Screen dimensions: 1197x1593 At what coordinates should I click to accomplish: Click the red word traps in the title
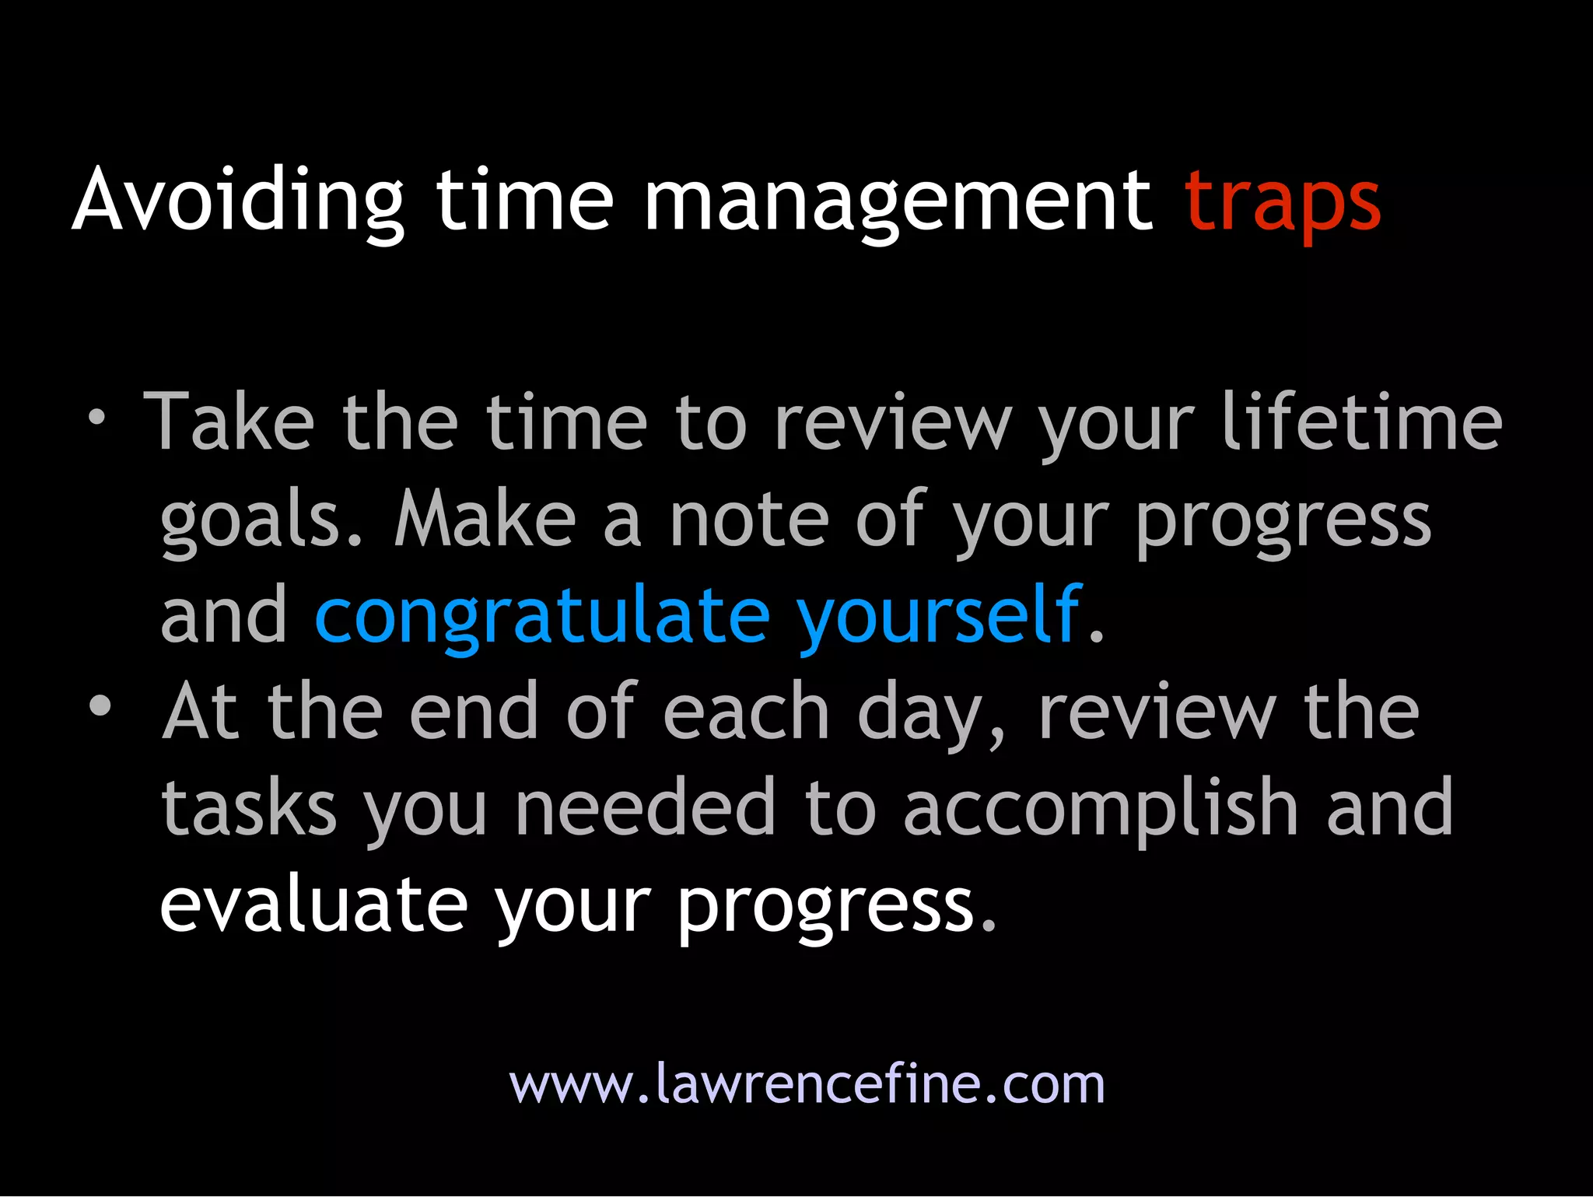[x=1282, y=202]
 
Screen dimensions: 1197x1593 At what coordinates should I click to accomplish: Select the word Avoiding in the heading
[x=238, y=201]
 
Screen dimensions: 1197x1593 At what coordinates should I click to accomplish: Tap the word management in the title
[x=898, y=202]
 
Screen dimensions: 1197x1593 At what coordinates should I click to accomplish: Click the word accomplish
[x=1101, y=809]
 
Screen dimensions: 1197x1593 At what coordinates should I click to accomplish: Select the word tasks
[x=249, y=809]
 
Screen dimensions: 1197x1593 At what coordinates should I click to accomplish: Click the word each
[x=746, y=711]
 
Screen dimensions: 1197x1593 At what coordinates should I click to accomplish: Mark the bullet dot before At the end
[x=100, y=705]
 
